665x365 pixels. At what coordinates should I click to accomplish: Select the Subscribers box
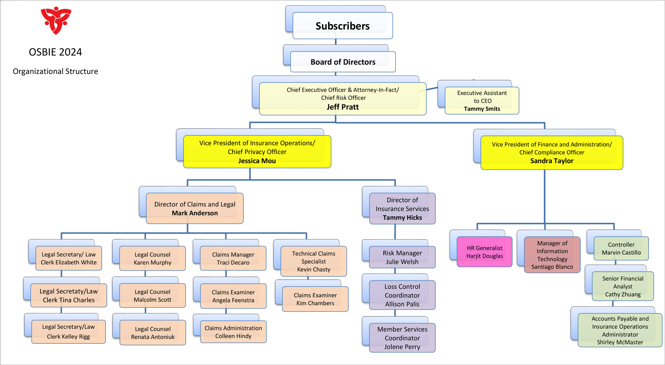click(x=343, y=26)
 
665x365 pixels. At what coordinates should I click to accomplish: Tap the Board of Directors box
click(x=343, y=62)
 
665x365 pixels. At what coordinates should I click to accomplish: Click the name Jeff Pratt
click(x=343, y=107)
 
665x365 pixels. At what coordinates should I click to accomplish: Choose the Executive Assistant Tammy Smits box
click(x=482, y=101)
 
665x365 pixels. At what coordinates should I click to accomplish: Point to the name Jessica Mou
click(x=257, y=161)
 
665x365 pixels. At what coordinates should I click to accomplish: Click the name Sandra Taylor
click(x=552, y=161)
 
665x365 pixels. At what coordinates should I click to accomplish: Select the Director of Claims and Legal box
click(x=195, y=209)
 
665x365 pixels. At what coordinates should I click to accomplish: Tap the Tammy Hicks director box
click(x=402, y=209)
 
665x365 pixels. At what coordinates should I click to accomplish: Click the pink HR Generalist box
click(x=484, y=252)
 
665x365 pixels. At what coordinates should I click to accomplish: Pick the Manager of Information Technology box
click(x=552, y=255)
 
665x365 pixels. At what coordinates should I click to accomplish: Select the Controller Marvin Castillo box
click(x=621, y=248)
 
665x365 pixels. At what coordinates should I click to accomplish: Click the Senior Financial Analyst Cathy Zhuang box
click(x=623, y=286)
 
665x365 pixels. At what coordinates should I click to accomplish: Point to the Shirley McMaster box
click(x=620, y=330)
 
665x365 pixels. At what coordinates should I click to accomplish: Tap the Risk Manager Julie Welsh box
click(x=402, y=257)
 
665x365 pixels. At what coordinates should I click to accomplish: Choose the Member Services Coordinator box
click(x=402, y=338)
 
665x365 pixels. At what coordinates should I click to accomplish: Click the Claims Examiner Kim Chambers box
click(x=315, y=299)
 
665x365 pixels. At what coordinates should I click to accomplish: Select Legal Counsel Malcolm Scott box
click(x=152, y=296)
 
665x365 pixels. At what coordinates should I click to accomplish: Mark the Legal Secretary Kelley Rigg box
click(x=68, y=332)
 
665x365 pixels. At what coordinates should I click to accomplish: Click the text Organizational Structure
click(x=55, y=71)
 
